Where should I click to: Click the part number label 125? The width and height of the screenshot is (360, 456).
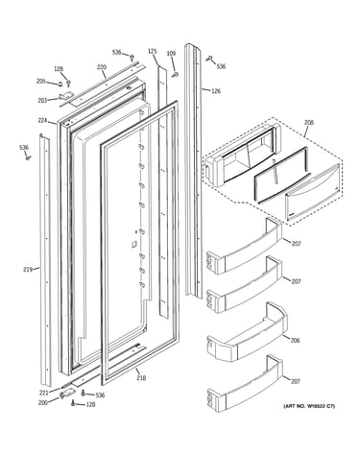(x=153, y=51)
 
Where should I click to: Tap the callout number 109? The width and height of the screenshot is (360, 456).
(x=171, y=54)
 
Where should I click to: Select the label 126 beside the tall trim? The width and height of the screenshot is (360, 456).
(x=216, y=91)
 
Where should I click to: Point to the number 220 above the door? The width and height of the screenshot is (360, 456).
(x=102, y=67)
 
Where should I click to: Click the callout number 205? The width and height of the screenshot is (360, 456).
(x=41, y=82)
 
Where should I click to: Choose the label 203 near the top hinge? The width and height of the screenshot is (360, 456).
(x=42, y=101)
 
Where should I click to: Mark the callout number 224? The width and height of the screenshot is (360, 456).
(x=42, y=121)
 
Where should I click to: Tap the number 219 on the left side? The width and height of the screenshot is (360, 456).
(x=28, y=270)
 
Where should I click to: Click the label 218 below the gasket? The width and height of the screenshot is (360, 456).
(x=141, y=378)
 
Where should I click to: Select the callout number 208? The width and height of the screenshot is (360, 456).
(x=309, y=123)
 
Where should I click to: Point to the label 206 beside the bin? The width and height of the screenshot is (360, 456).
(x=295, y=340)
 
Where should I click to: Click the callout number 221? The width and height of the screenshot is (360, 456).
(x=43, y=393)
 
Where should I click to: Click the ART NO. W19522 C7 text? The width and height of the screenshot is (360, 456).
(x=309, y=406)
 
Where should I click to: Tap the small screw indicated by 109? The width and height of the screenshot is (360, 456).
(x=176, y=75)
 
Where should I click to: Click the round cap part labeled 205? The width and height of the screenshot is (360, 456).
(x=60, y=84)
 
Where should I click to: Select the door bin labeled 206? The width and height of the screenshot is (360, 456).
(x=247, y=333)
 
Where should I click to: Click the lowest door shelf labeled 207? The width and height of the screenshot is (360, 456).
(x=245, y=384)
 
